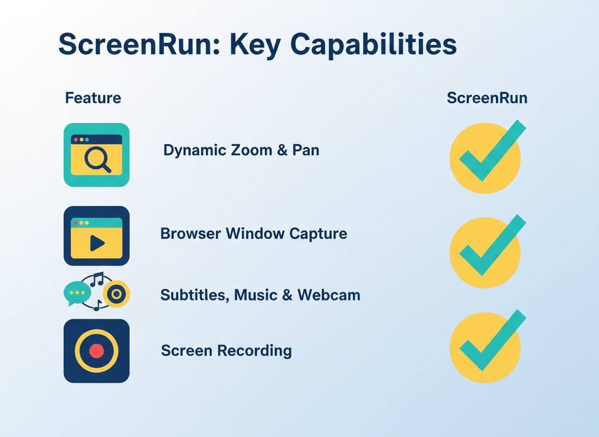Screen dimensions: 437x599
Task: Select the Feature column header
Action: [93, 98]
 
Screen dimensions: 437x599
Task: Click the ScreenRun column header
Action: [487, 98]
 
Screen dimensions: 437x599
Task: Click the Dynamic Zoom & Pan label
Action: [241, 150]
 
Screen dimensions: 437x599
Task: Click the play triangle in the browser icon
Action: [97, 243]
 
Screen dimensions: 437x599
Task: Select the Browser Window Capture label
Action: [253, 234]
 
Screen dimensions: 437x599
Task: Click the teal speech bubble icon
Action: [77, 293]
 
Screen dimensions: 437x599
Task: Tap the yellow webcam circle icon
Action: [116, 294]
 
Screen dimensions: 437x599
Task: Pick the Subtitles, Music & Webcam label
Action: [260, 295]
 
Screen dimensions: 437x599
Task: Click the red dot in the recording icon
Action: [97, 351]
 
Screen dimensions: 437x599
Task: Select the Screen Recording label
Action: [226, 351]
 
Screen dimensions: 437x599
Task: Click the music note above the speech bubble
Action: [97, 279]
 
